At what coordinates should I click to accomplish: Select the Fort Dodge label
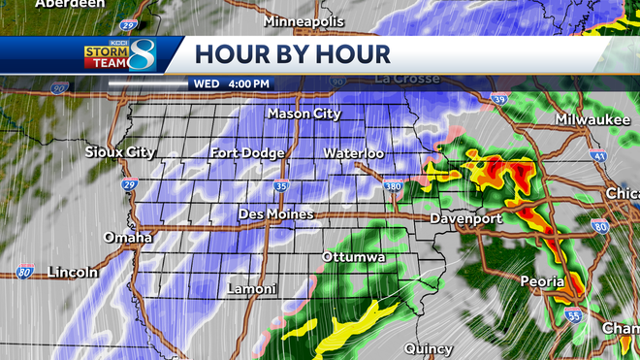(248, 153)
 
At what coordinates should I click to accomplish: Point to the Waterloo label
(354, 153)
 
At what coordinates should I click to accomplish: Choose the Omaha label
(129, 238)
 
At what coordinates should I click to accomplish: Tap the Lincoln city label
(71, 273)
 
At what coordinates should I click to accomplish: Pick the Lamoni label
(251, 289)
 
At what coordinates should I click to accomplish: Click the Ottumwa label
(355, 257)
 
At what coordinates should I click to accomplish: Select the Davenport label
(467, 219)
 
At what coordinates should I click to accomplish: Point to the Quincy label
(429, 348)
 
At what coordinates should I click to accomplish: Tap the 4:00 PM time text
(249, 83)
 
